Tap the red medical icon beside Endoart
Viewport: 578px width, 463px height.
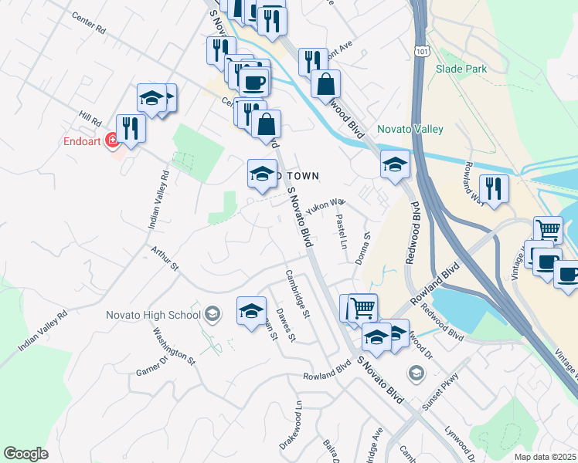[112, 140]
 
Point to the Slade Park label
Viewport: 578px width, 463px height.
[461, 69]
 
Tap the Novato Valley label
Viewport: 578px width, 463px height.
[410, 129]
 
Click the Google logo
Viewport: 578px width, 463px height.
[25, 454]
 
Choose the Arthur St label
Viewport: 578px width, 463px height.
[165, 259]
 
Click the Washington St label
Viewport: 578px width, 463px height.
[173, 344]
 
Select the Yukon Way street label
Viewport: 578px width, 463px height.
[325, 205]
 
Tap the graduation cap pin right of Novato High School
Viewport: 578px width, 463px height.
[251, 312]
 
